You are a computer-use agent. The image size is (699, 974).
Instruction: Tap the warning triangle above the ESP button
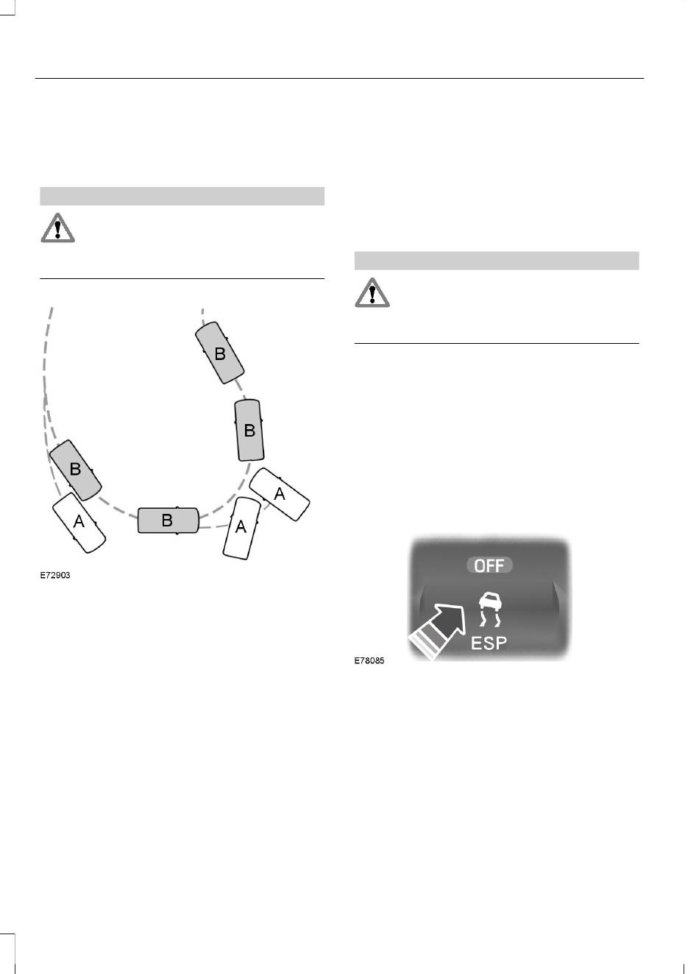point(372,292)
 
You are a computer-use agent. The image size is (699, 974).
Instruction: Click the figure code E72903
point(55,575)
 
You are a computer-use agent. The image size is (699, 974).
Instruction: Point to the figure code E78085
point(369,660)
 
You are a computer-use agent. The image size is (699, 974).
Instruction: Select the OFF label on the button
point(489,565)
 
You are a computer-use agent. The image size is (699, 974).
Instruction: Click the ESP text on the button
point(489,643)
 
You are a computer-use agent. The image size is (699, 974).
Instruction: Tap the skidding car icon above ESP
point(489,608)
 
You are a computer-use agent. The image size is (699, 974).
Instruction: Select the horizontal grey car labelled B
point(168,520)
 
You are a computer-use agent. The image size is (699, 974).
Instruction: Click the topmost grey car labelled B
point(219,353)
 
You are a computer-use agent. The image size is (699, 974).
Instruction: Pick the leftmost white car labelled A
point(79,522)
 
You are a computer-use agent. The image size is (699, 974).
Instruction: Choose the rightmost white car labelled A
point(280,494)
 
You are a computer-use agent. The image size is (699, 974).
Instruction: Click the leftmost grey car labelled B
point(75,470)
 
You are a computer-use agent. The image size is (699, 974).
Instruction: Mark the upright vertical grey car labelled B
point(249,430)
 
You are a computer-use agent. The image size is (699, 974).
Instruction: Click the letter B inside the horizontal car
point(167,520)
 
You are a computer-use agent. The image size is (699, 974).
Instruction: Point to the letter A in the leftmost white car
point(79,522)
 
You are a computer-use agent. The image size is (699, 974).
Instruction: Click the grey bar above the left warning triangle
point(182,196)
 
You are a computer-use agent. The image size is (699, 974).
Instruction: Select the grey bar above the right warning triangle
point(497,261)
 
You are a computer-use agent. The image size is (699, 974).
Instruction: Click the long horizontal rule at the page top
point(338,78)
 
